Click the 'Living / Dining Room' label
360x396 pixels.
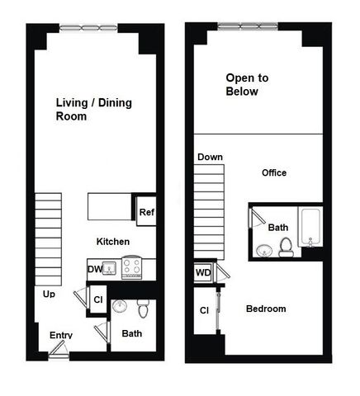[x=94, y=110]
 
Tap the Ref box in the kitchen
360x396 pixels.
[x=146, y=213]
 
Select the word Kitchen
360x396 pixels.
[x=113, y=242]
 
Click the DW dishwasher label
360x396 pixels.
[x=95, y=269]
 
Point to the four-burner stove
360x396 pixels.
[x=133, y=268]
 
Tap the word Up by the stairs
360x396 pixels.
[x=50, y=293]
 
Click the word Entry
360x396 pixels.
[x=61, y=335]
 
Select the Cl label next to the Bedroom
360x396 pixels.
[x=203, y=310]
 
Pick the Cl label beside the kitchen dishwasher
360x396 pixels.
[x=98, y=299]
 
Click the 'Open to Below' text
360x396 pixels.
[x=248, y=85]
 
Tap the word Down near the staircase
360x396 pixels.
[x=209, y=157]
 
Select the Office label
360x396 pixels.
[x=274, y=173]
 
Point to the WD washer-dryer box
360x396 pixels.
[x=203, y=272]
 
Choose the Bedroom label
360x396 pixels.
[x=266, y=309]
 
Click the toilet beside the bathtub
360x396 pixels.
[x=286, y=245]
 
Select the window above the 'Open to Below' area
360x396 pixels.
[x=247, y=27]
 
